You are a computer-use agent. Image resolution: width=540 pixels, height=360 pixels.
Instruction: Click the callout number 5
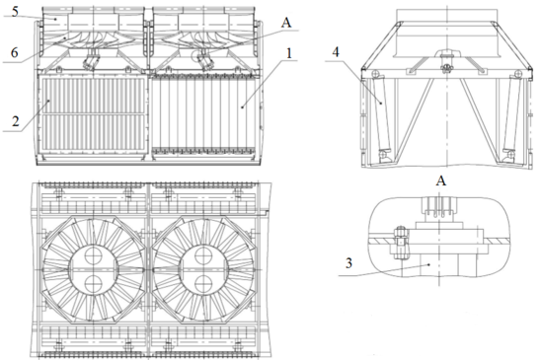point(15,12)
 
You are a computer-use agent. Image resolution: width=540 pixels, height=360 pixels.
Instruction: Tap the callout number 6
point(14,52)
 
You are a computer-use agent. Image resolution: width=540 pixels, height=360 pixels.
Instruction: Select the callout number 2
point(16,121)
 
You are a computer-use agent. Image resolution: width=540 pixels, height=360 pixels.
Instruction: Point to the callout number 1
point(289,53)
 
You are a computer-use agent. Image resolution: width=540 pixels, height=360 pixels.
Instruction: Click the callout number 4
point(336,52)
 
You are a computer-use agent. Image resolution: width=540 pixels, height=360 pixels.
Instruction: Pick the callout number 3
point(348,263)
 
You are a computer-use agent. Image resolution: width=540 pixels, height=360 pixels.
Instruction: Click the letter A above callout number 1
point(286,23)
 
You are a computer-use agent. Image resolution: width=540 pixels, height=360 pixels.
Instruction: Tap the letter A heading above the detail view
point(441,180)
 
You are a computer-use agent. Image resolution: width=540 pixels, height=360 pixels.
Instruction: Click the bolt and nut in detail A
point(401,242)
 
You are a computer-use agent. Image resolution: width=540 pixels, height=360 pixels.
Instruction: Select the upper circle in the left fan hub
point(93,255)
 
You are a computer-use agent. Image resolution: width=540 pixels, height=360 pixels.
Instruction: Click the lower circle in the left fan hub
point(93,284)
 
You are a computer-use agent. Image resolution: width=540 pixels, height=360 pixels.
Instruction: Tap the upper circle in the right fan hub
point(203,255)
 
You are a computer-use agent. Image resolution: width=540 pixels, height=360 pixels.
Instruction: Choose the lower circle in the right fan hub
point(203,284)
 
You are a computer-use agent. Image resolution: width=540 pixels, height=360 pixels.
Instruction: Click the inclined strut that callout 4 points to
point(382,115)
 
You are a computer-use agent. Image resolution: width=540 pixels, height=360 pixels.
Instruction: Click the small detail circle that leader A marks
point(200,54)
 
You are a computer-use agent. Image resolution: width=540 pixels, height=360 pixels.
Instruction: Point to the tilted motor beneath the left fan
point(91,61)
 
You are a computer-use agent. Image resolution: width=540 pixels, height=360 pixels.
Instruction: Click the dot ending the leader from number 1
point(242,108)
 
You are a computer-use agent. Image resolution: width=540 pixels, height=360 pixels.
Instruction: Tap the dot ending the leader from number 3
point(428,264)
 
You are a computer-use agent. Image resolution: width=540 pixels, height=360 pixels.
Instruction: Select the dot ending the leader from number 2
point(49,101)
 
